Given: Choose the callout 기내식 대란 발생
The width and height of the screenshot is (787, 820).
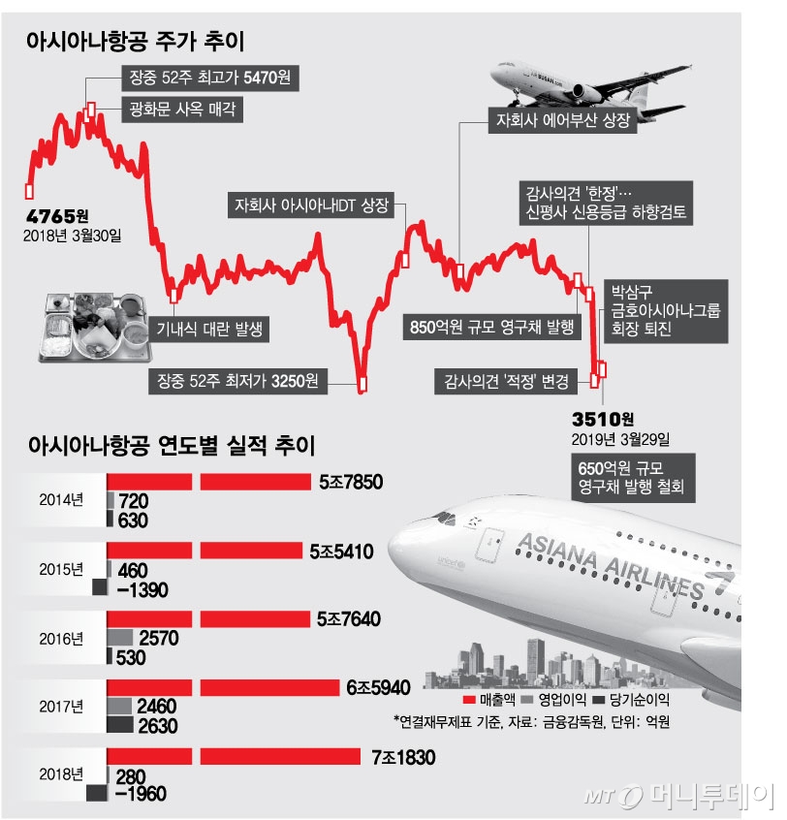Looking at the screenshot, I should (x=212, y=330).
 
